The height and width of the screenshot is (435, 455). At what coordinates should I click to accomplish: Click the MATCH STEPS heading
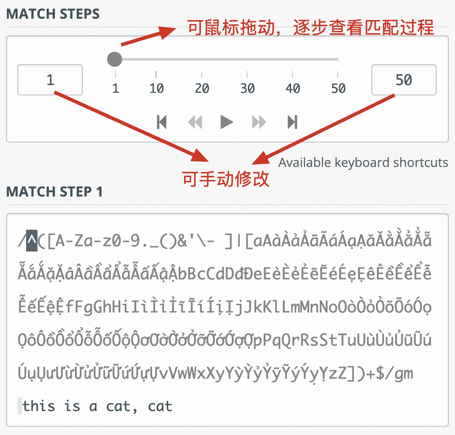(x=53, y=14)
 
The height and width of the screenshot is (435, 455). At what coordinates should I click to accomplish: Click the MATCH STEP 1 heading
(x=54, y=192)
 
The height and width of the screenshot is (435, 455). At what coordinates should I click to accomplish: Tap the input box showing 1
(x=50, y=80)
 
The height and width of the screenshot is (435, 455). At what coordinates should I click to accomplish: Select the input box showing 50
(x=404, y=80)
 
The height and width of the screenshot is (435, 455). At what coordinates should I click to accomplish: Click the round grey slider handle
(x=115, y=59)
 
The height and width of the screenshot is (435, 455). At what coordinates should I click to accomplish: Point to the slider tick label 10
(x=157, y=88)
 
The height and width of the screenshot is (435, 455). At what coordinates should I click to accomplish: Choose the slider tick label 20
(x=202, y=88)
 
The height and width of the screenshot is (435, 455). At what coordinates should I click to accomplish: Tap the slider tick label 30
(x=248, y=88)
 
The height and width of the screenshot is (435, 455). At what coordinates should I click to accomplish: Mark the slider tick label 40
(x=293, y=88)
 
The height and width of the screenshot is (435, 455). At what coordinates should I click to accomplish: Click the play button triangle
(x=226, y=122)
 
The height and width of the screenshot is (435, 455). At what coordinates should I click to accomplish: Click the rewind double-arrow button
(x=195, y=122)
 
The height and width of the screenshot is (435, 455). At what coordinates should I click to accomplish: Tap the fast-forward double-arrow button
(x=259, y=122)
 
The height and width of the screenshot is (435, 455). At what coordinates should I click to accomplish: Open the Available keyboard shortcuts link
(x=363, y=163)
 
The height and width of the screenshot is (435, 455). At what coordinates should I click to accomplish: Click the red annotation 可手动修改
(x=226, y=179)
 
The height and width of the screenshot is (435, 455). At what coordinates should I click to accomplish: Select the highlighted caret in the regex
(x=32, y=240)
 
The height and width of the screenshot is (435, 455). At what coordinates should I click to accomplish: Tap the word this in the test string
(x=39, y=406)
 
